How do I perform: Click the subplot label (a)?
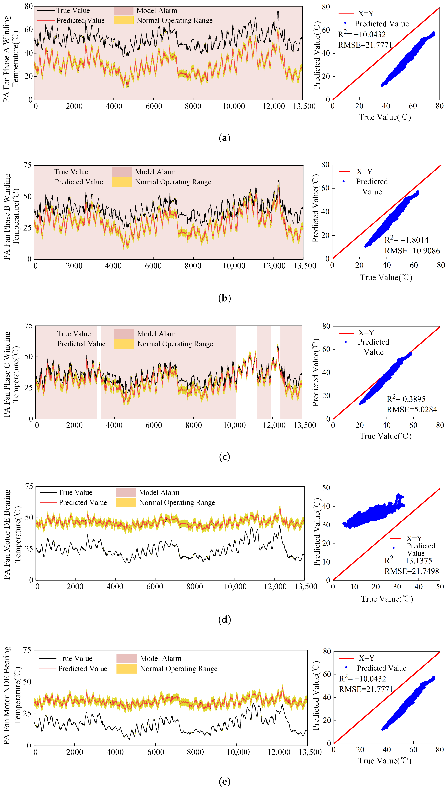coord(224,138)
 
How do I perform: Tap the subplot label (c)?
coord(224,457)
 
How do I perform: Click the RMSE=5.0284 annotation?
coord(412,410)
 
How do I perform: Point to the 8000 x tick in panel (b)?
coord(193,266)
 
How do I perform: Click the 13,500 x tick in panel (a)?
coord(304,106)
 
